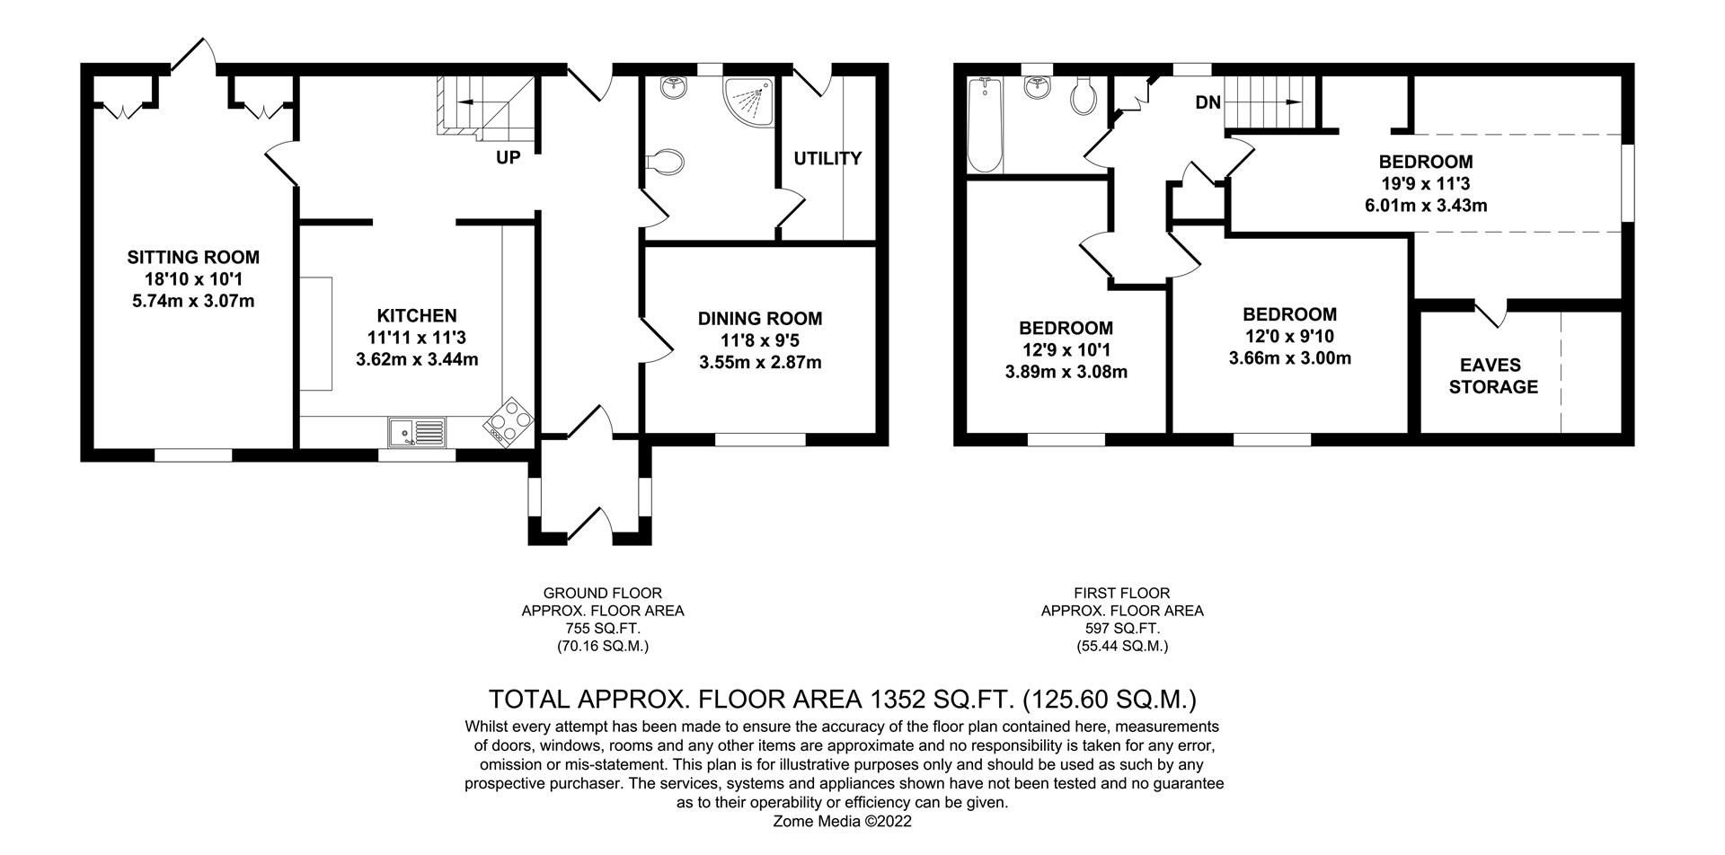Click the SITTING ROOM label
[193, 258]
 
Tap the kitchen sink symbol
[418, 432]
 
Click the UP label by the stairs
[509, 158]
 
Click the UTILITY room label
[827, 159]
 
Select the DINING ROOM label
[760, 319]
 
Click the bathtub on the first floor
[986, 126]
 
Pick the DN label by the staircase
[1207, 103]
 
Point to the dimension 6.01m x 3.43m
[1426, 206]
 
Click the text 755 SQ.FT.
[603, 629]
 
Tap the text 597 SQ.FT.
[1122, 629]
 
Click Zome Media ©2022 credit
[843, 821]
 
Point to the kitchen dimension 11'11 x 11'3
[417, 338]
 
